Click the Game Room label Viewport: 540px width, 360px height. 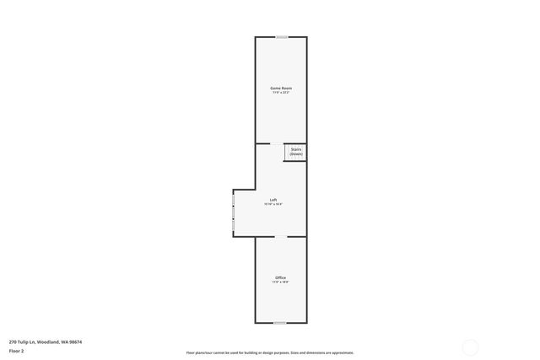pos(281,88)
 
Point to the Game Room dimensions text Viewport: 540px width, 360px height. pos(281,93)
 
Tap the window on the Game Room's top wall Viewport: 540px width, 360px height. pos(281,37)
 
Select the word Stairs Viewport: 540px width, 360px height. pos(296,150)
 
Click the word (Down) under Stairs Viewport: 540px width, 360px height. pos(296,154)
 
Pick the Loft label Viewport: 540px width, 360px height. pos(273,199)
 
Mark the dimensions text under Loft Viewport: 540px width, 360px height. pos(273,204)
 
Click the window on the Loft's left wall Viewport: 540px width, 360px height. pos(233,211)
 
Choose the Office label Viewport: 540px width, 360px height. pos(280,277)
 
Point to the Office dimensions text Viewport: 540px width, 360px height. pos(280,282)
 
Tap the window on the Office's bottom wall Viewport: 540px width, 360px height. pos(280,323)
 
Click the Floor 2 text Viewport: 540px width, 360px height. pos(17,350)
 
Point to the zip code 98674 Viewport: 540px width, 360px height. pos(77,341)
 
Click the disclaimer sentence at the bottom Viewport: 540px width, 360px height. pos(270,352)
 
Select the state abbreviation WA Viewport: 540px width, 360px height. pos(65,341)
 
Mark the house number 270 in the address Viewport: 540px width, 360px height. pos(13,341)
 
